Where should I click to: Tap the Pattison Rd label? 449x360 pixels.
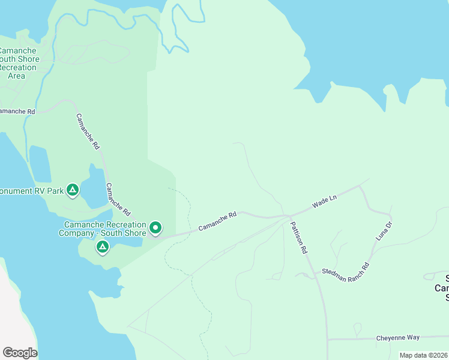coord(299,238)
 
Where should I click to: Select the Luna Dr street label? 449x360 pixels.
coord(384,231)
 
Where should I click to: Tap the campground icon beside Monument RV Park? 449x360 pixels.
coord(73,191)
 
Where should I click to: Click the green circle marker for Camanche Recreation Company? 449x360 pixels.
coord(155,227)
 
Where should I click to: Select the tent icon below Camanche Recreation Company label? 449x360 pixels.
coord(102,247)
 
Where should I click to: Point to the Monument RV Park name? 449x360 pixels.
coord(30,191)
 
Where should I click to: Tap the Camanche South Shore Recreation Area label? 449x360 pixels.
coord(18,63)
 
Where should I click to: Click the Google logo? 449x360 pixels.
coord(20,353)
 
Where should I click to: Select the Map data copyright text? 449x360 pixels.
coord(423,355)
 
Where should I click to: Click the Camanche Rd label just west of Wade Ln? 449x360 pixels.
coord(217,220)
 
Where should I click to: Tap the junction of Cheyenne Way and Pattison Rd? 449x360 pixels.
coord(328,339)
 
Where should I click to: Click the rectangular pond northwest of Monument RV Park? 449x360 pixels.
coord(40,163)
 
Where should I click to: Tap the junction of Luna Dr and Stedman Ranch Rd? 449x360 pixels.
coord(368,265)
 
